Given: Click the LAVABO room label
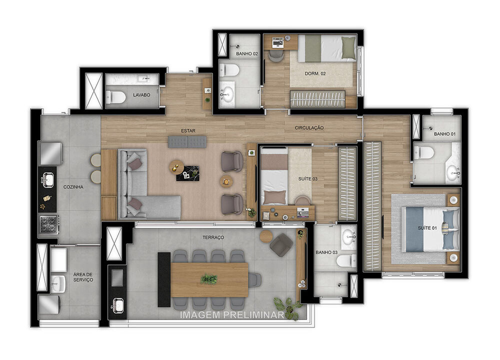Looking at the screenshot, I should (x=141, y=94).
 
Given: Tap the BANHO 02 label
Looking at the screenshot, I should (x=247, y=53).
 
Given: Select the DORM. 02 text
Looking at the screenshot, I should (x=315, y=73).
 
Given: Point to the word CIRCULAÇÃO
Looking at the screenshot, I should (x=308, y=128).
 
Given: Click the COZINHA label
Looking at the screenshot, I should (x=73, y=187).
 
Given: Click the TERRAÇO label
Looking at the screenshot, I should (x=213, y=237).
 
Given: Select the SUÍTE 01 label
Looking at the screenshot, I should (x=427, y=228).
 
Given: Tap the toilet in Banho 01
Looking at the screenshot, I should (x=424, y=152).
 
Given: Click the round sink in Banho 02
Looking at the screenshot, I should (x=227, y=93).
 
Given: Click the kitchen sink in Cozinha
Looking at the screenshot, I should (x=48, y=178).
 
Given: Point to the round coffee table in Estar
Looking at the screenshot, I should (x=176, y=166).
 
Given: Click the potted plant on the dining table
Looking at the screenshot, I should (x=209, y=279).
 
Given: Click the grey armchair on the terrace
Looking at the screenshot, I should (x=281, y=244).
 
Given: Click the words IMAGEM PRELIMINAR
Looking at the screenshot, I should (x=232, y=315).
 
